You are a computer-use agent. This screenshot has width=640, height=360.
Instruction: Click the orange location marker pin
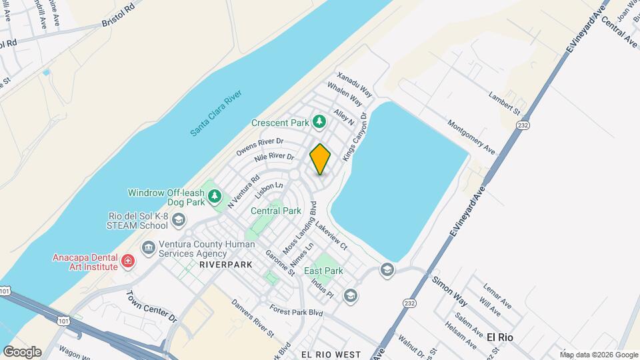point(321,159)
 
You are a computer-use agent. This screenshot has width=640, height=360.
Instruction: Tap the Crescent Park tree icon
point(320,122)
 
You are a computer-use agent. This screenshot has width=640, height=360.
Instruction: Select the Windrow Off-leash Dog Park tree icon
point(214,196)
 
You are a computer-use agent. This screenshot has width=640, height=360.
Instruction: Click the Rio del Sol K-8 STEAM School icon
point(178,219)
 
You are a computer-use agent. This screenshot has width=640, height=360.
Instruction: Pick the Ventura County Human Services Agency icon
point(148,248)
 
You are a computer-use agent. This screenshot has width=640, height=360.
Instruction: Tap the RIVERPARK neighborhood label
point(224,265)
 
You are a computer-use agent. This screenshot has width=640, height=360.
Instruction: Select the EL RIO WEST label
point(331,355)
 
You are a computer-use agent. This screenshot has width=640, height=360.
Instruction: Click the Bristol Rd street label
point(119,17)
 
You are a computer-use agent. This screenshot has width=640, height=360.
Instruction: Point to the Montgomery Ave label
point(471,137)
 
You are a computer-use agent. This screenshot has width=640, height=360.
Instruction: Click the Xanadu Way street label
point(353,83)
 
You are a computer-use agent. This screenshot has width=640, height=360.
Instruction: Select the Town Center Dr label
point(152,306)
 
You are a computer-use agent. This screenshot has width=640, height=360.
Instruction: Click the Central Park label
point(276,211)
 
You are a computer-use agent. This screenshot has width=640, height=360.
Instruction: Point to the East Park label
point(323,271)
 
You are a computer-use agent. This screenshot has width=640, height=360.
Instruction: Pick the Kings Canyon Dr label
point(355,137)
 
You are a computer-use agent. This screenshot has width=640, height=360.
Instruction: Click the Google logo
point(22,351)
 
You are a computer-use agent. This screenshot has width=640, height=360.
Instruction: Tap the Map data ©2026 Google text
point(599,355)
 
